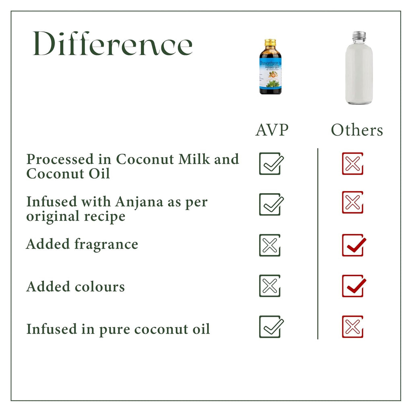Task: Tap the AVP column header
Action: [272, 130]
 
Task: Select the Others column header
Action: [357, 130]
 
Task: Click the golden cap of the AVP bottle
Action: [270, 43]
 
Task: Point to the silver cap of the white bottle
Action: [359, 36]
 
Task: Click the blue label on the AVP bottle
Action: [270, 72]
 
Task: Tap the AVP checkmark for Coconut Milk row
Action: [270, 163]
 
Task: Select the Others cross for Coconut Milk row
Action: [352, 163]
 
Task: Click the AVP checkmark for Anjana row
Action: [270, 204]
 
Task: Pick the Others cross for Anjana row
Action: [352, 202]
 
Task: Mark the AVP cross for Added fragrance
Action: [270, 245]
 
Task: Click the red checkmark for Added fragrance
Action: [354, 245]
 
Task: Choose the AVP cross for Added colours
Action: [270, 286]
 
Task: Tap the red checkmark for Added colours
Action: [354, 286]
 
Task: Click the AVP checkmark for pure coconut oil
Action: [270, 326]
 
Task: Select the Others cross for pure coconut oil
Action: [352, 326]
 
